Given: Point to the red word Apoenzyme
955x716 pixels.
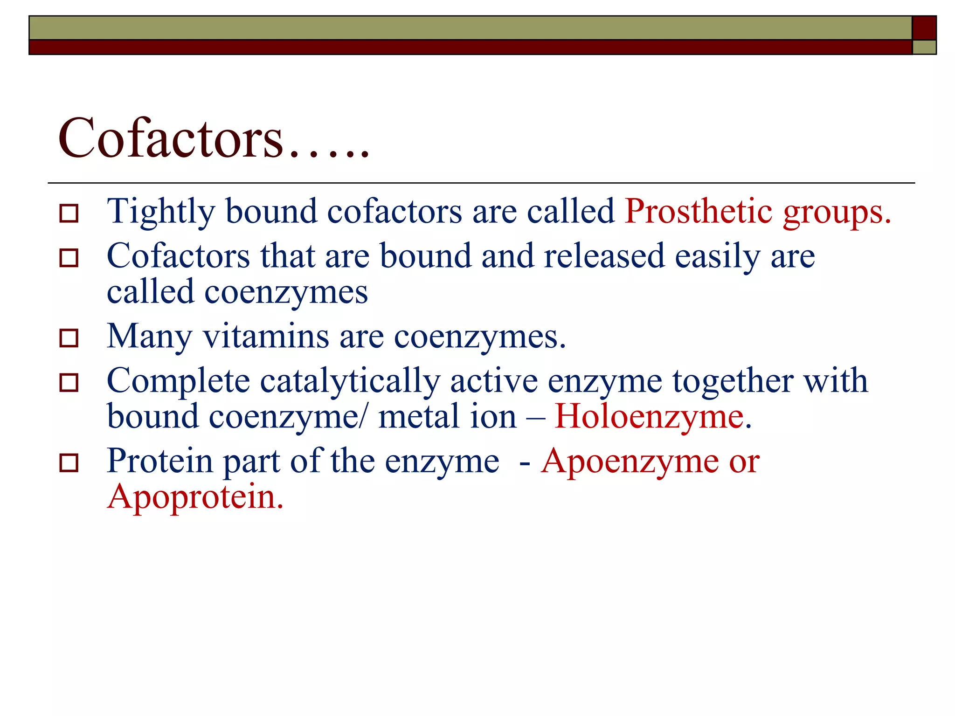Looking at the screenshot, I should point(630,461).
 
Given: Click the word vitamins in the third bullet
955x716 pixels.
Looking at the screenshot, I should point(266,336).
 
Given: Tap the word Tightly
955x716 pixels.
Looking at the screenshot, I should point(160,212).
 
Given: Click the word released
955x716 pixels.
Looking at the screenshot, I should point(604,256).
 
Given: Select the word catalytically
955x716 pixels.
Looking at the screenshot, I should point(350,381).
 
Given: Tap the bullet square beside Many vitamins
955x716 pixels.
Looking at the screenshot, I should point(69,338).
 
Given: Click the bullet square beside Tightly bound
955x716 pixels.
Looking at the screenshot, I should point(69,213).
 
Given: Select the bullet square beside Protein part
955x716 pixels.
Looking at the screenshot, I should point(69,463).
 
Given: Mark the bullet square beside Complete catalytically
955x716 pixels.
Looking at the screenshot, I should point(69,383).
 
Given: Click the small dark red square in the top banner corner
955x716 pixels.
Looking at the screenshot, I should point(924,28).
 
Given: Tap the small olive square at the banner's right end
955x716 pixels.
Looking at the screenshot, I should point(924,48).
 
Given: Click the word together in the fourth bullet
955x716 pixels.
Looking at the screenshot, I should point(733,381).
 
